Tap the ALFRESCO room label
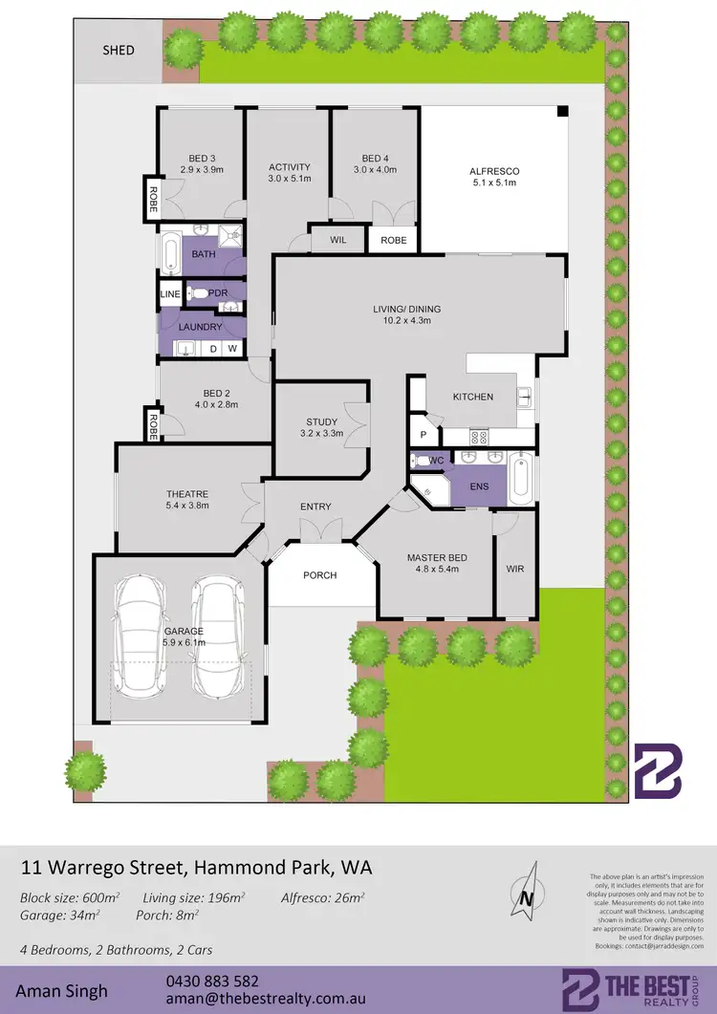[492, 171]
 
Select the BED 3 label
[201, 159]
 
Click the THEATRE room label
[186, 494]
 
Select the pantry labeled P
[423, 435]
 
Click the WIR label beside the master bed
[514, 569]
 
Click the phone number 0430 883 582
[211, 981]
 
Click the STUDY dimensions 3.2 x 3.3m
[321, 434]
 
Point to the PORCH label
[320, 574]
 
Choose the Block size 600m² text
[70, 897]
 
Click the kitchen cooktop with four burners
[479, 438]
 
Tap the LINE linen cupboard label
[170, 293]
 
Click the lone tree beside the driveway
[85, 769]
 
